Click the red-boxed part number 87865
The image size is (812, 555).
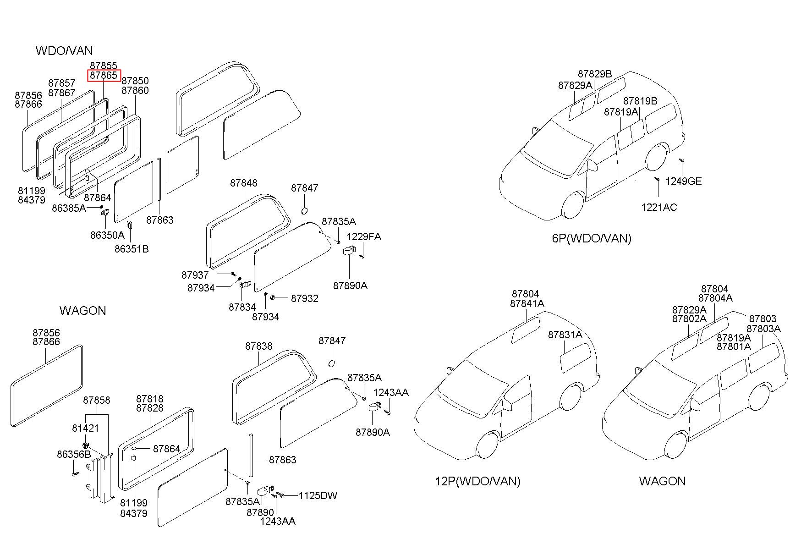tap(104, 75)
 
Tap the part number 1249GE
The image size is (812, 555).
tap(683, 181)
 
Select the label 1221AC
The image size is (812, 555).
tap(658, 207)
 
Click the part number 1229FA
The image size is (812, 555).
tap(364, 236)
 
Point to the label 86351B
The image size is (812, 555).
tap(132, 249)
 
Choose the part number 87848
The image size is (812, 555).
tap(244, 183)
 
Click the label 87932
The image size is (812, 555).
tap(305, 298)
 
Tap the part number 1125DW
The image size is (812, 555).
tap(318, 495)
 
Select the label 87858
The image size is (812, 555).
tap(97, 400)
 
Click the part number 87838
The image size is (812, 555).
tap(259, 346)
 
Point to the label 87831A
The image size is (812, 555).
tap(565, 335)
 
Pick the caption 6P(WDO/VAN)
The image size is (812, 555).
tap(592, 238)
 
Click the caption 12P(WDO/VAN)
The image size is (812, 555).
tap(477, 481)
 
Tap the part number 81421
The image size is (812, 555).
tap(85, 428)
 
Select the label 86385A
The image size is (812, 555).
tap(69, 208)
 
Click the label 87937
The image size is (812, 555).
tap(195, 275)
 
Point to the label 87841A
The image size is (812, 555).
tap(527, 303)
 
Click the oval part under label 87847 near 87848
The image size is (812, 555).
tap(304, 210)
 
